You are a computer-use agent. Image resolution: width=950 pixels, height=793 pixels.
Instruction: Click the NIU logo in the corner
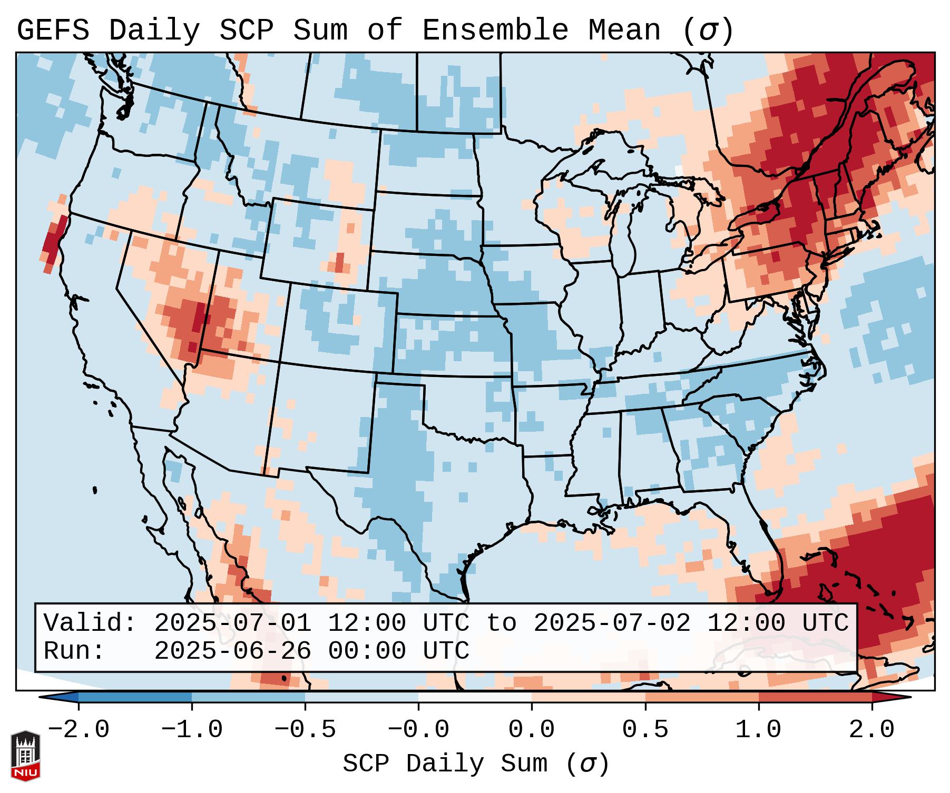(25, 755)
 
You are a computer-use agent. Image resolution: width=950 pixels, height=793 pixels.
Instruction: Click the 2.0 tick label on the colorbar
(872, 730)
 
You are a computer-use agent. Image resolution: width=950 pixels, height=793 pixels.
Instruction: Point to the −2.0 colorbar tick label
(79, 730)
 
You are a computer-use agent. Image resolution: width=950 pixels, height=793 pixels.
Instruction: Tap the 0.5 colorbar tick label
(645, 730)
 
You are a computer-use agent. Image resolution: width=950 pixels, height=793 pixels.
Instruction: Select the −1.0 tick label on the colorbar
(192, 730)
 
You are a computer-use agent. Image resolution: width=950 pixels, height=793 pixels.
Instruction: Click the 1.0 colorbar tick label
(758, 730)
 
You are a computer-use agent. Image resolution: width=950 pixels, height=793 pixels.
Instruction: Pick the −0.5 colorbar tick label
(305, 730)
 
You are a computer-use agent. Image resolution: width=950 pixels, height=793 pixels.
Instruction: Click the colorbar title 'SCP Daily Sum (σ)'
(476, 764)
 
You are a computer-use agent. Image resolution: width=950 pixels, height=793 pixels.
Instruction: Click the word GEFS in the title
(53, 31)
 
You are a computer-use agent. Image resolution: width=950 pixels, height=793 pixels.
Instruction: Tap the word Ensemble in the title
(495, 31)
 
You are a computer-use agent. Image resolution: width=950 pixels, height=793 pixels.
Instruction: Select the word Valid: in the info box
(90, 623)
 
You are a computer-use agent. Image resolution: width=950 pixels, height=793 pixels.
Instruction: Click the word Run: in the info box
(74, 651)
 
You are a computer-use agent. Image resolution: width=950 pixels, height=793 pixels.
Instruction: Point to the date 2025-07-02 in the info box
(612, 623)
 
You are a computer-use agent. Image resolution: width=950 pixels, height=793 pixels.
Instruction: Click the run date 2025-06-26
(232, 651)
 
